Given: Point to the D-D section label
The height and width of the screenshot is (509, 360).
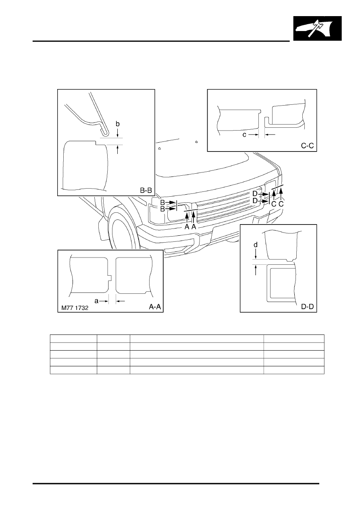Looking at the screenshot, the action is tap(307, 307).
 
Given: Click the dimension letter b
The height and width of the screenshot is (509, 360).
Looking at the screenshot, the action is tap(117, 124).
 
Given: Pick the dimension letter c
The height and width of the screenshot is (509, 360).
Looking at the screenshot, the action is tap(244, 135).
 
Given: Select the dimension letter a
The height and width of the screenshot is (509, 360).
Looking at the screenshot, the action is tap(96, 301).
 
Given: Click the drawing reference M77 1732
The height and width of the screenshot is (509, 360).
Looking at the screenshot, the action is tap(75, 308).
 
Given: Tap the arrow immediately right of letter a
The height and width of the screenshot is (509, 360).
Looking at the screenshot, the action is tap(104, 301).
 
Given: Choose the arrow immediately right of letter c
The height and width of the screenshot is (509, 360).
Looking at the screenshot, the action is tap(253, 135).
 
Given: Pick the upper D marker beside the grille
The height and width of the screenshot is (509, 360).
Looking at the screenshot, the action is tap(255, 194).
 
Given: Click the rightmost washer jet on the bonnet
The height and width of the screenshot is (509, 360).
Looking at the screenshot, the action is tap(196, 142).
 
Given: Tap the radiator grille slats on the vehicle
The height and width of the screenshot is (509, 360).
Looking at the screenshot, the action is tap(226, 206).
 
